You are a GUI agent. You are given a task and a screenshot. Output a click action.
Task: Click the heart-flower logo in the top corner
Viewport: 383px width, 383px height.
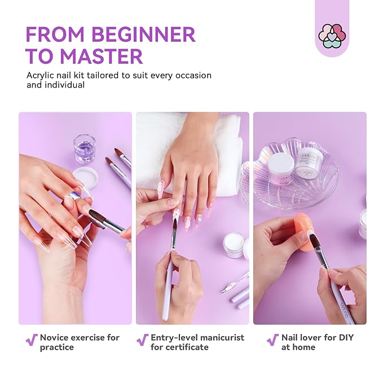[x=332, y=35]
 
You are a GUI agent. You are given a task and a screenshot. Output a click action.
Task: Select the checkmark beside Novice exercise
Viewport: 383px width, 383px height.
[x=32, y=340]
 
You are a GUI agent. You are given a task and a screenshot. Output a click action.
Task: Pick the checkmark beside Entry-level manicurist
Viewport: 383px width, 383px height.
[x=142, y=340]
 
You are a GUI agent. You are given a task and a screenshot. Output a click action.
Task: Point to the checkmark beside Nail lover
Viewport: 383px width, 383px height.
[x=272, y=340]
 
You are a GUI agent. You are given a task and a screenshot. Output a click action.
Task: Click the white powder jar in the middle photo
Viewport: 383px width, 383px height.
[x=234, y=245]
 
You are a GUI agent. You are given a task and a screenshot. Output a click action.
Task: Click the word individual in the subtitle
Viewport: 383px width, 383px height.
[x=64, y=85]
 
